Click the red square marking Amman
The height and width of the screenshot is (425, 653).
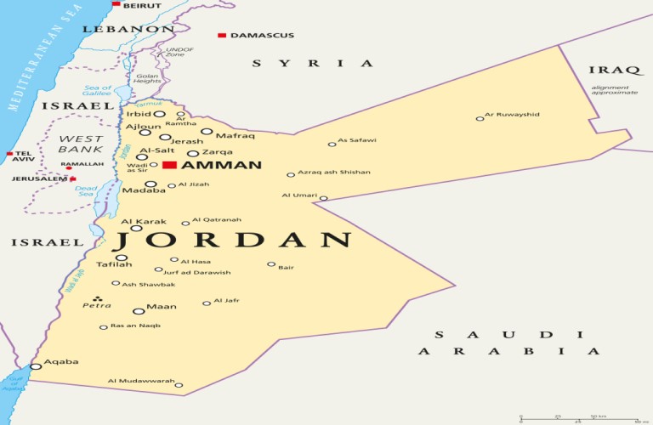170,165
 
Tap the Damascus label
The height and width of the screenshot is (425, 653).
261,35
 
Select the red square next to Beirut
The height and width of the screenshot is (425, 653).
116,4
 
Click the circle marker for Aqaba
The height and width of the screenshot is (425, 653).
35,366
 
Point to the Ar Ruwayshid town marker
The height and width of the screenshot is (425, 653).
480,119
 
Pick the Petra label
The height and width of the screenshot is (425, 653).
96,305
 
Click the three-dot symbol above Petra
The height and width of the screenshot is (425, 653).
97,297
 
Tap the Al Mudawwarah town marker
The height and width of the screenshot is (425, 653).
179,385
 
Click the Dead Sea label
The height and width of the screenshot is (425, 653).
86,191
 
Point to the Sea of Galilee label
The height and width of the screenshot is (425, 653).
97,91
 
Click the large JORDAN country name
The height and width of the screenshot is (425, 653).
235,241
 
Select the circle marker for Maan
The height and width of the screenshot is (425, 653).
139,311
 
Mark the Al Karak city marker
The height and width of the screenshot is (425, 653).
136,228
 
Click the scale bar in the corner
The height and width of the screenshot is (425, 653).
578,417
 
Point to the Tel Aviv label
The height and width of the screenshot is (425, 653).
23,156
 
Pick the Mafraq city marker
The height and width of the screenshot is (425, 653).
207,132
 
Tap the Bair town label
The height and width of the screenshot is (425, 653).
286,268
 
